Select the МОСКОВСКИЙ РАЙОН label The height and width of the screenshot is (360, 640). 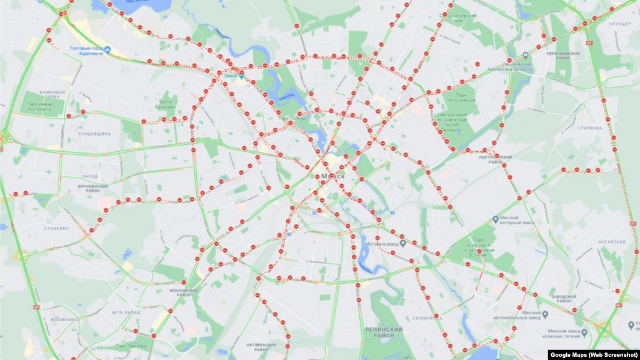pos(185,292)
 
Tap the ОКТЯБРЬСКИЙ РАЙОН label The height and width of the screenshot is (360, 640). pos(261,347)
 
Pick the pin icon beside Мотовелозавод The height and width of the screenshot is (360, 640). pos(404,244)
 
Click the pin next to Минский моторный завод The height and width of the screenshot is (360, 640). pos(495,219)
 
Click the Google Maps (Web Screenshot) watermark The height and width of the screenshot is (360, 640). pos(594,354)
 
